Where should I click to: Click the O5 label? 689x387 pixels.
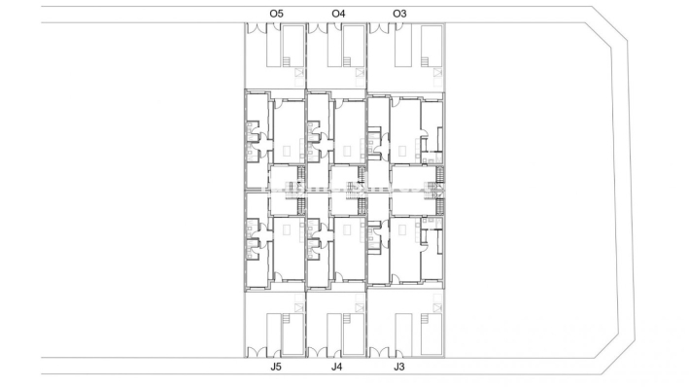(276, 13)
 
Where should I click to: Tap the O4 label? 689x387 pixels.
(337, 13)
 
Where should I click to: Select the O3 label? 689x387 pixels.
(399, 13)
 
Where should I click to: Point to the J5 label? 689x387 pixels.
(276, 368)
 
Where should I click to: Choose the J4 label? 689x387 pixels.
(337, 368)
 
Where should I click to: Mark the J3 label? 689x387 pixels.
(399, 368)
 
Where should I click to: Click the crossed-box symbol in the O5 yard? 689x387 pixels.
(299, 72)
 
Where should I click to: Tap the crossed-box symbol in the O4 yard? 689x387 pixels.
(360, 72)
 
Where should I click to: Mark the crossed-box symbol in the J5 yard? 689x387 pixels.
(299, 307)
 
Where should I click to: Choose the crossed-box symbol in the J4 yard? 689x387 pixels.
(360, 307)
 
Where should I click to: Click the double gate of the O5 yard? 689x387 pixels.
(258, 29)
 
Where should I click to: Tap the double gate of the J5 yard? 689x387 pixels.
(258, 351)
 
